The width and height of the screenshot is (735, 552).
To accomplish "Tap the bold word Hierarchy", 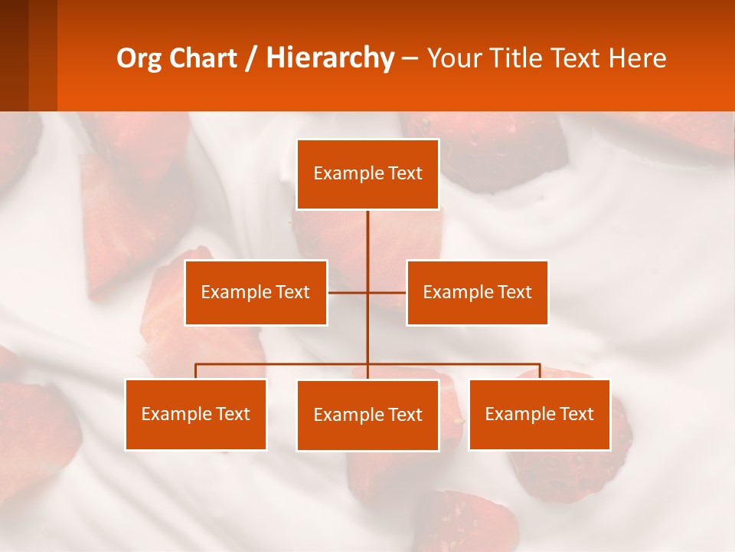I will pyautogui.click(x=329, y=59).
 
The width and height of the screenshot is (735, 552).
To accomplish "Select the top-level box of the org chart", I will pyautogui.click(x=367, y=174).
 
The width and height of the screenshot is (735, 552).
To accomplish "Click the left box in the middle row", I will pyautogui.click(x=256, y=292).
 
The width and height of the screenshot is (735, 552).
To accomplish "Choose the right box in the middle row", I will pyautogui.click(x=477, y=292).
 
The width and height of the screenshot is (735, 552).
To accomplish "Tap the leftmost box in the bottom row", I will pyautogui.click(x=195, y=414).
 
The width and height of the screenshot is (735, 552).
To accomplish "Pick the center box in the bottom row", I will pyautogui.click(x=367, y=415).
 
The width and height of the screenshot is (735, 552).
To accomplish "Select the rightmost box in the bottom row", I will pyautogui.click(x=539, y=414).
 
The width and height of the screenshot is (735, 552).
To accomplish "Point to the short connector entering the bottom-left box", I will pyautogui.click(x=195, y=372).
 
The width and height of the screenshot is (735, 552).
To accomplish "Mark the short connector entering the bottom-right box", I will pyautogui.click(x=540, y=372).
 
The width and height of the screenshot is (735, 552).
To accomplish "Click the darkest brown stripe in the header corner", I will pyautogui.click(x=14, y=55).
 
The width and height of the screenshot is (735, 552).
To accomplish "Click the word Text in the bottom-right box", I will pyautogui.click(x=577, y=414).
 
